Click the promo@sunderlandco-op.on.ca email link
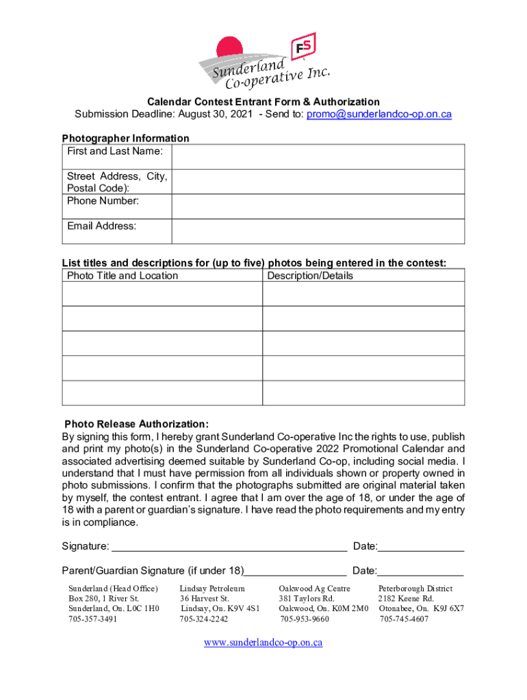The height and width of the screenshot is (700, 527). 378,114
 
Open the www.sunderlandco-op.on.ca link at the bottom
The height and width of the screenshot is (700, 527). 263,643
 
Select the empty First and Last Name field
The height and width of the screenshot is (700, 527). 318,157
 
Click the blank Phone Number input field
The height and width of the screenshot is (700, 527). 318,206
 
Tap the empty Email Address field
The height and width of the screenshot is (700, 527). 318,231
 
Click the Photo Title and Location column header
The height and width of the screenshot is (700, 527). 123,275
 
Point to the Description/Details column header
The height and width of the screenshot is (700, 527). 310,275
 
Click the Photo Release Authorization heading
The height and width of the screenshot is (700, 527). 136,424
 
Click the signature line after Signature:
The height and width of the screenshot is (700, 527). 229,546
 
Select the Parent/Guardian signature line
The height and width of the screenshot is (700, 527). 295,571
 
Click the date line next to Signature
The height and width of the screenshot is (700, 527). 420,546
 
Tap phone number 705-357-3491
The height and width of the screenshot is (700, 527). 92,619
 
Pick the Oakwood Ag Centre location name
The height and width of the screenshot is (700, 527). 315,589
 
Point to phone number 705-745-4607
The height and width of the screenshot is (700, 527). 404,619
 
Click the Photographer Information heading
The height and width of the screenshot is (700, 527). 126,138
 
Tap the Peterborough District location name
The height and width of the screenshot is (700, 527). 415,589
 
